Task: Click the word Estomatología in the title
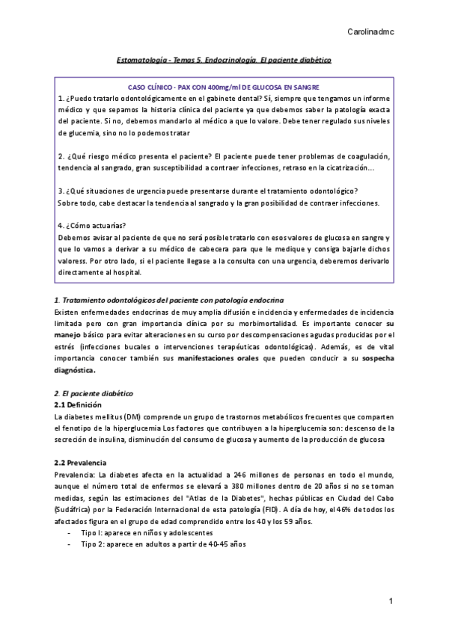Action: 144,58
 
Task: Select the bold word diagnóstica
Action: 75,369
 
